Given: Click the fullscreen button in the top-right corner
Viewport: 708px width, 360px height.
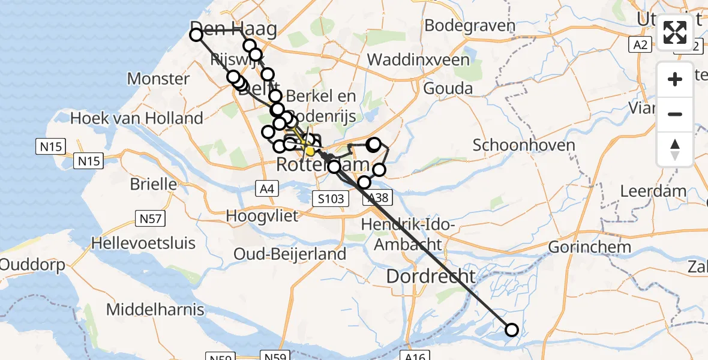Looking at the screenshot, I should pos(675,32).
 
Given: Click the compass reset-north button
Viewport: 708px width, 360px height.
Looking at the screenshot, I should pos(675,149).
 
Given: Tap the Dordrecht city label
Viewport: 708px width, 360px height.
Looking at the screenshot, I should pos(431,277).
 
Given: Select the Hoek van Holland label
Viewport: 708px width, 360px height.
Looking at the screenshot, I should pos(137,118).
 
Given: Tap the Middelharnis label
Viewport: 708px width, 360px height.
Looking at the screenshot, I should pos(155,310).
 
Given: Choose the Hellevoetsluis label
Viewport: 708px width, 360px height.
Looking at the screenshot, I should pos(143,243).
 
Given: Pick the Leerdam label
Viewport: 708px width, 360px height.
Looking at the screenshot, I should pos(653,192).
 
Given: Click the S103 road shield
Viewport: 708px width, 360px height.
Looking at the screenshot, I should pos(331,198).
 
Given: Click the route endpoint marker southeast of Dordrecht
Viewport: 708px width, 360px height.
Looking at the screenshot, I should pos(512,329).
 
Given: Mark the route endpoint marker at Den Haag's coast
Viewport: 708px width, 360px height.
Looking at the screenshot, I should pos(196,35).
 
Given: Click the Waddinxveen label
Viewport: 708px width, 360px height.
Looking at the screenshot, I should pos(418,60).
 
